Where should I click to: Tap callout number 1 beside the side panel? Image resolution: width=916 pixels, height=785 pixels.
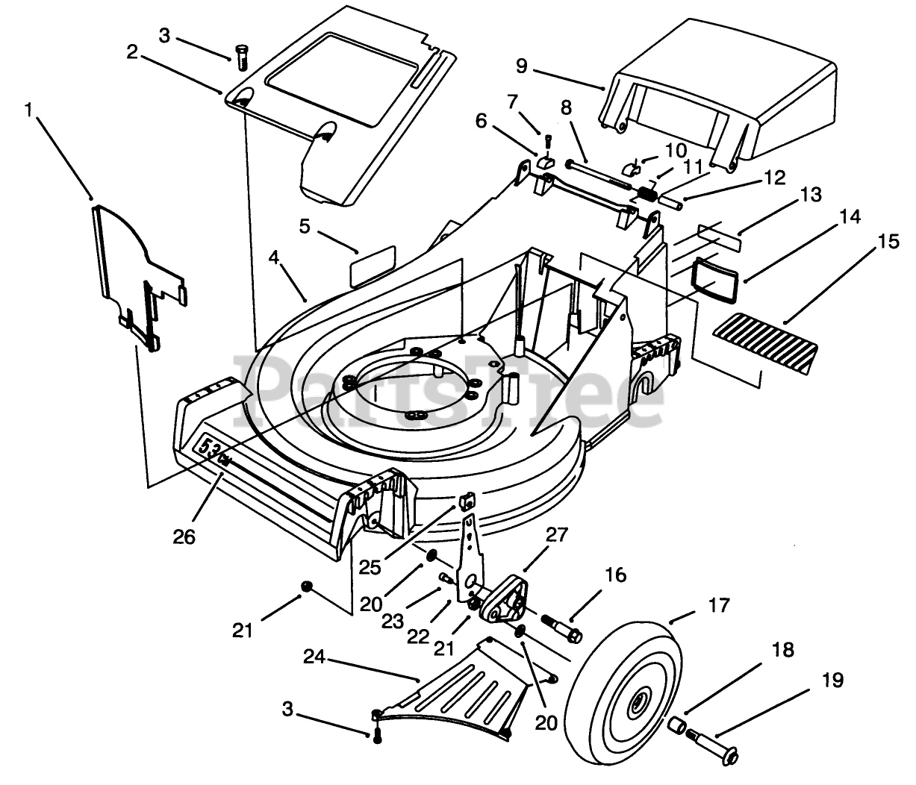pos(29,111)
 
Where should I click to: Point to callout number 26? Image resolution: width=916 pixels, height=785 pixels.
pos(184,536)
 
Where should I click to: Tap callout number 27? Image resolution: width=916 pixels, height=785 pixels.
pos(556,534)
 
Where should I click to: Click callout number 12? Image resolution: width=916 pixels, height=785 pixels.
pos(775,178)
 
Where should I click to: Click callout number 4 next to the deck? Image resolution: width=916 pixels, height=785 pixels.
pos(274,258)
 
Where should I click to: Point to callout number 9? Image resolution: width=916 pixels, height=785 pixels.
pos(520,66)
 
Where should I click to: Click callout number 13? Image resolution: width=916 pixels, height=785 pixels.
pos(810,195)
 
